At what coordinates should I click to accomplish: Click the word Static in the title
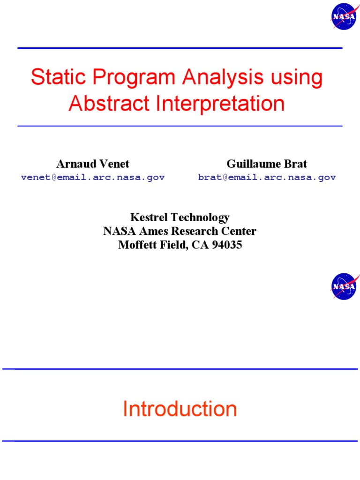52,78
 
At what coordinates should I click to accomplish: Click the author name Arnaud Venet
93,164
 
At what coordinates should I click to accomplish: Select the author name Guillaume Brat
267,164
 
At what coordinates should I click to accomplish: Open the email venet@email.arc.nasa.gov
93,178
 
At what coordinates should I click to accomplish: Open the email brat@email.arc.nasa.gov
267,178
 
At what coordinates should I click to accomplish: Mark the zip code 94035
227,245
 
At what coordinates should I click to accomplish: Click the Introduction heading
180,409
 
